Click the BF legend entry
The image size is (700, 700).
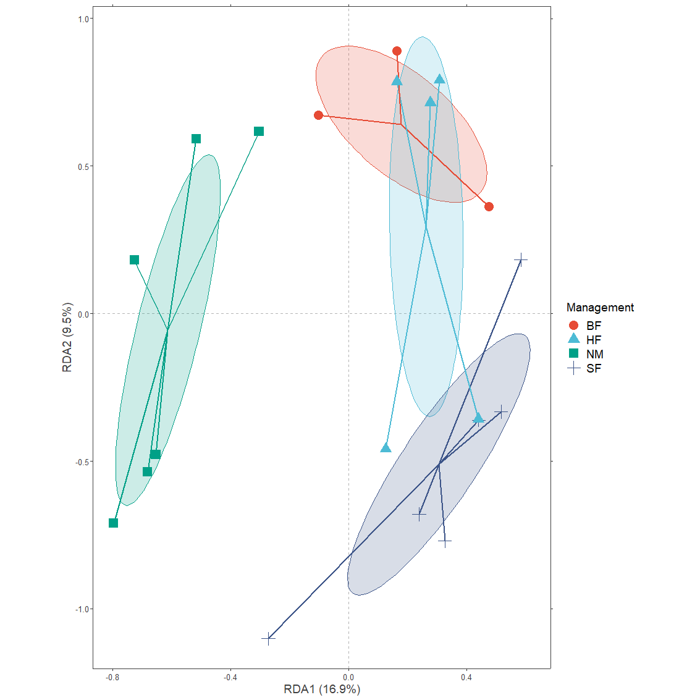point(593,326)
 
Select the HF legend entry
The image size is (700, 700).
point(593,340)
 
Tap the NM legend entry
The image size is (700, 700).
point(594,354)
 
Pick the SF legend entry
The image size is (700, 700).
point(593,369)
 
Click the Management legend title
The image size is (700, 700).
point(600,308)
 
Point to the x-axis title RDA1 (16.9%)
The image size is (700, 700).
point(321,689)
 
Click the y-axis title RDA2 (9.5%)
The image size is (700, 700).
point(67,337)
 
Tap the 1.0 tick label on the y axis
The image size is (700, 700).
point(84,19)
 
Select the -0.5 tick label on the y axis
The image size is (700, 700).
point(83,462)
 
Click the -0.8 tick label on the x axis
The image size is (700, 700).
point(112,677)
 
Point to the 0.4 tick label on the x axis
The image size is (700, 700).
point(466,677)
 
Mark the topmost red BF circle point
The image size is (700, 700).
point(397,51)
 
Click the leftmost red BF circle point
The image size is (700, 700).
point(318,116)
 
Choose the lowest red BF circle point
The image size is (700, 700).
point(489,206)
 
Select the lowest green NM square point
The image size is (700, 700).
point(114,523)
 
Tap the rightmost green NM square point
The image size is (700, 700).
point(259,132)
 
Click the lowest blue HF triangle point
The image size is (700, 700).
point(386,448)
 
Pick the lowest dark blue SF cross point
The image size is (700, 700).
point(268,638)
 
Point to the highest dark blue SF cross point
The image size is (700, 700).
point(521,260)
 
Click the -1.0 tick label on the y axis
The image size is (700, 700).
point(83,609)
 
